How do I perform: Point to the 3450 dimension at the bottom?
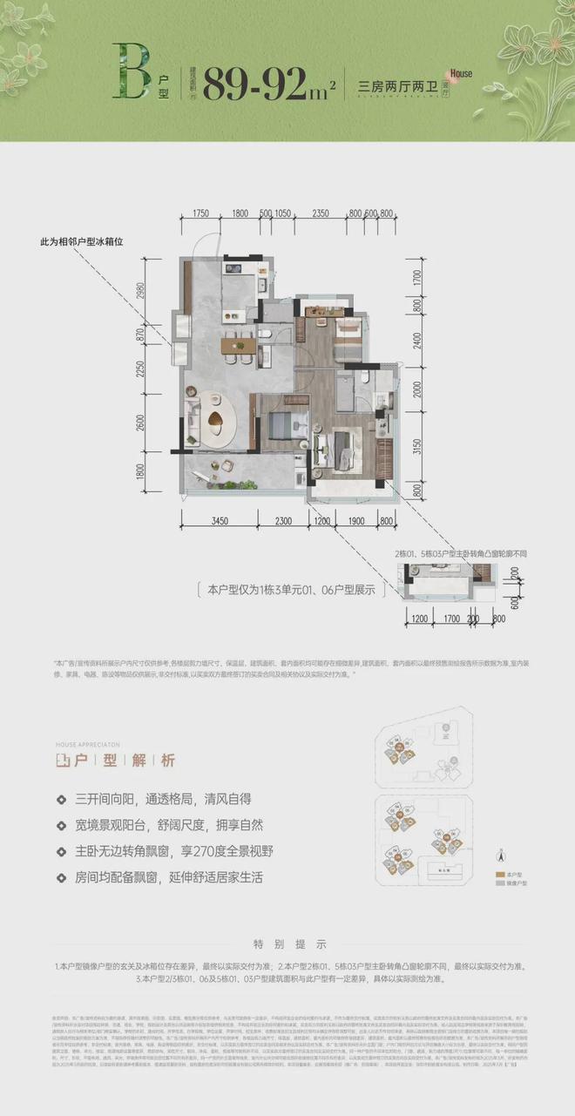[x=220, y=521]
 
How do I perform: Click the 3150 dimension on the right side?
[x=416, y=448]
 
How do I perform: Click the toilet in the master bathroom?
[x=362, y=381]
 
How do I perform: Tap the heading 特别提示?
[x=287, y=944]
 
